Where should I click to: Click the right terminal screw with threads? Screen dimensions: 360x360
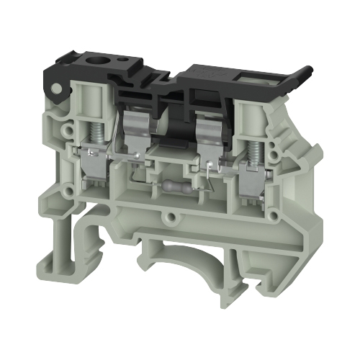[x=253, y=134]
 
